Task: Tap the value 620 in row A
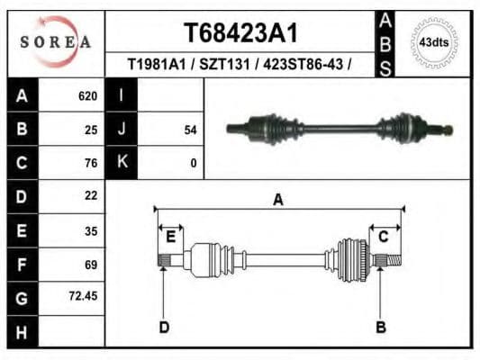(87, 96)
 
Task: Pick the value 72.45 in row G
(84, 296)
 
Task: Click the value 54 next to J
(190, 130)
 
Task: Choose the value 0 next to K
(193, 163)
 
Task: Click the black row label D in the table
(22, 196)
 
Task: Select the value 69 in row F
(90, 264)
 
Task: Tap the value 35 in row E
(90, 230)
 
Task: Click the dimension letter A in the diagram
(278, 200)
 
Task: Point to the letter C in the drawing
(383, 237)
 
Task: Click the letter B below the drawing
(380, 328)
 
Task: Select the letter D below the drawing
(164, 328)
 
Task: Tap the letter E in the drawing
(169, 237)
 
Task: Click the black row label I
(121, 96)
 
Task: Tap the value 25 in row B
(90, 130)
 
